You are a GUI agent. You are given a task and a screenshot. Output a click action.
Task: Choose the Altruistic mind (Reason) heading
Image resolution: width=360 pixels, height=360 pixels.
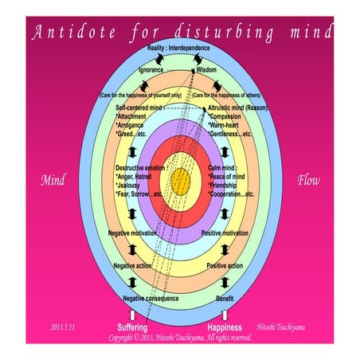pos(237,107)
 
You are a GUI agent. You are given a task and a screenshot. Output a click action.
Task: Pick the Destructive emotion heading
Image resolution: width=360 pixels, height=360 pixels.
pos(143,168)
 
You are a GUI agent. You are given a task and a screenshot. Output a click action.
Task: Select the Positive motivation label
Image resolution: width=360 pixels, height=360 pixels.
pos(224,233)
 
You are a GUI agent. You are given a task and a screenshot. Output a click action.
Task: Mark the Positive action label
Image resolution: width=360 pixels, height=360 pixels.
pos(225,265)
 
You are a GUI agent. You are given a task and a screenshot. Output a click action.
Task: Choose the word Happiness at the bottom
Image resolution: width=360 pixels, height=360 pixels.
pos(225,327)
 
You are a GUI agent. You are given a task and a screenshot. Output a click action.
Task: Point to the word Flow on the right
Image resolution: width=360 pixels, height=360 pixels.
pos(308,180)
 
